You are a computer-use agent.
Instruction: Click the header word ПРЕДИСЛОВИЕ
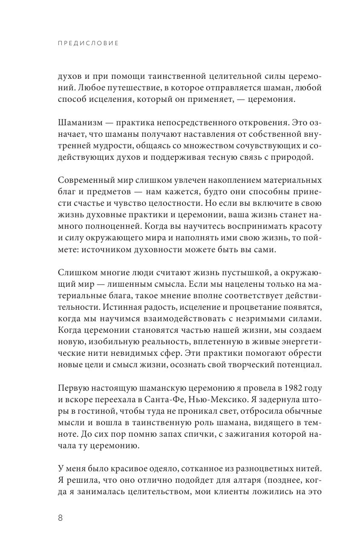[x=88, y=43]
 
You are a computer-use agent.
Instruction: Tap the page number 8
[x=60, y=518]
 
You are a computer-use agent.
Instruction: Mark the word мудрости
[x=110, y=146]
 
